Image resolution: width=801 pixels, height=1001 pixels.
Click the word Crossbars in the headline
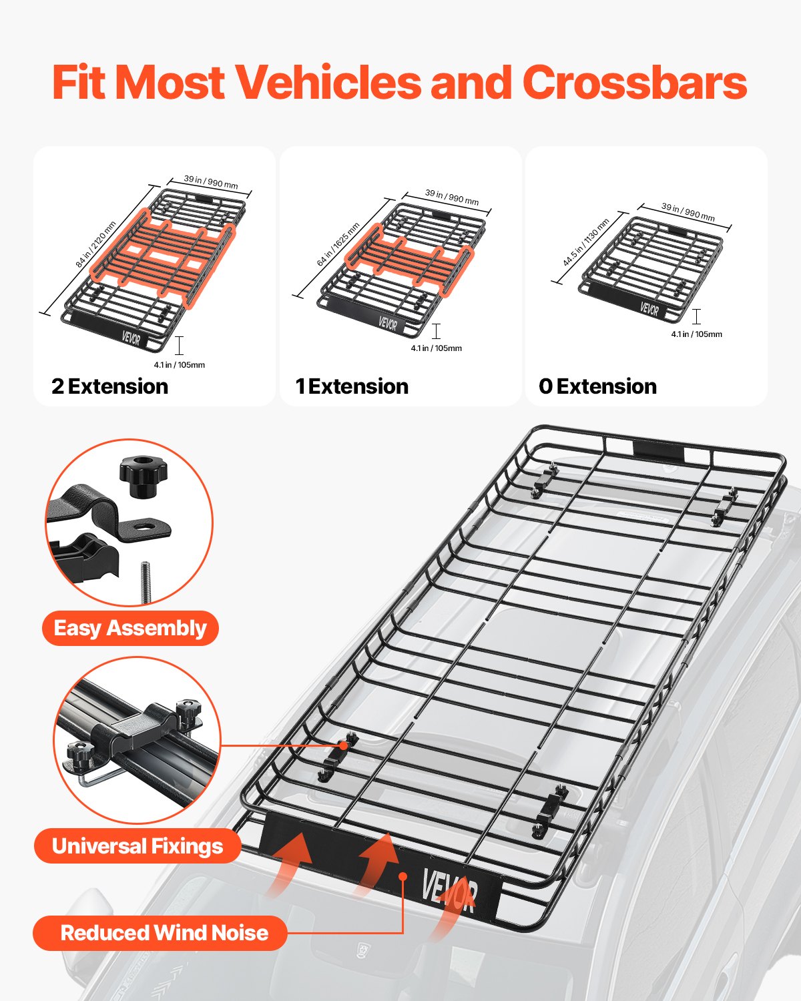click(634, 83)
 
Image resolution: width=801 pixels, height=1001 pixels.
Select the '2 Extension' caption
click(110, 386)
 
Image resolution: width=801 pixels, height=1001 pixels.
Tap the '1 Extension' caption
click(352, 386)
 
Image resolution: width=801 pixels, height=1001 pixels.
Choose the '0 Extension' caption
click(597, 386)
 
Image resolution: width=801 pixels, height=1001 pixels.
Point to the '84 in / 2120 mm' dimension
click(96, 245)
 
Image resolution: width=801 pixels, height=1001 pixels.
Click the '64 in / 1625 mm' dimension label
click(338, 245)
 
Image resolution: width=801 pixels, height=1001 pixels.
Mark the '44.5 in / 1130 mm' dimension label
click(585, 242)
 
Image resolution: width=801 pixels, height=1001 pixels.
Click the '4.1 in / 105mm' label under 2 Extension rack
click(179, 365)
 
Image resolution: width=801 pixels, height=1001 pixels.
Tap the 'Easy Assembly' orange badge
click(130, 628)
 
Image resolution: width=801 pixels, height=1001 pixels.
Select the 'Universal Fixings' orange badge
click(137, 846)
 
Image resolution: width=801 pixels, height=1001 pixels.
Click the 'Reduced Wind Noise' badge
click(164, 933)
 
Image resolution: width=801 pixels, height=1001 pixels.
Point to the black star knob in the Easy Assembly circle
click(143, 475)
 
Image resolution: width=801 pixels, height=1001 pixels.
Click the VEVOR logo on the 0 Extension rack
click(649, 309)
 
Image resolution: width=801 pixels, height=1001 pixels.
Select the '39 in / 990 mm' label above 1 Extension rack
click(452, 197)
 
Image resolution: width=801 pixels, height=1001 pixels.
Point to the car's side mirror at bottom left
click(90, 914)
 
